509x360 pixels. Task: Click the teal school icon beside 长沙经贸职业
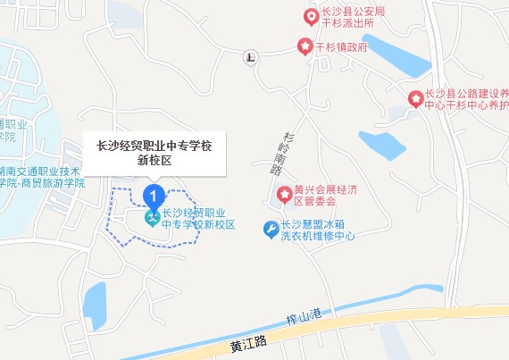pos(153,217)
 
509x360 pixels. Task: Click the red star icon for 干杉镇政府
pos(305,46)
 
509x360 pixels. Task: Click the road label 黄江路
pos(248,343)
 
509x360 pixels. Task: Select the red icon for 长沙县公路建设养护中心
pos(415,98)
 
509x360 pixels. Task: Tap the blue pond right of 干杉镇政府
pos(394,57)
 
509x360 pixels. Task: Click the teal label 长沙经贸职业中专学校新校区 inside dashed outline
pos(197,219)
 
